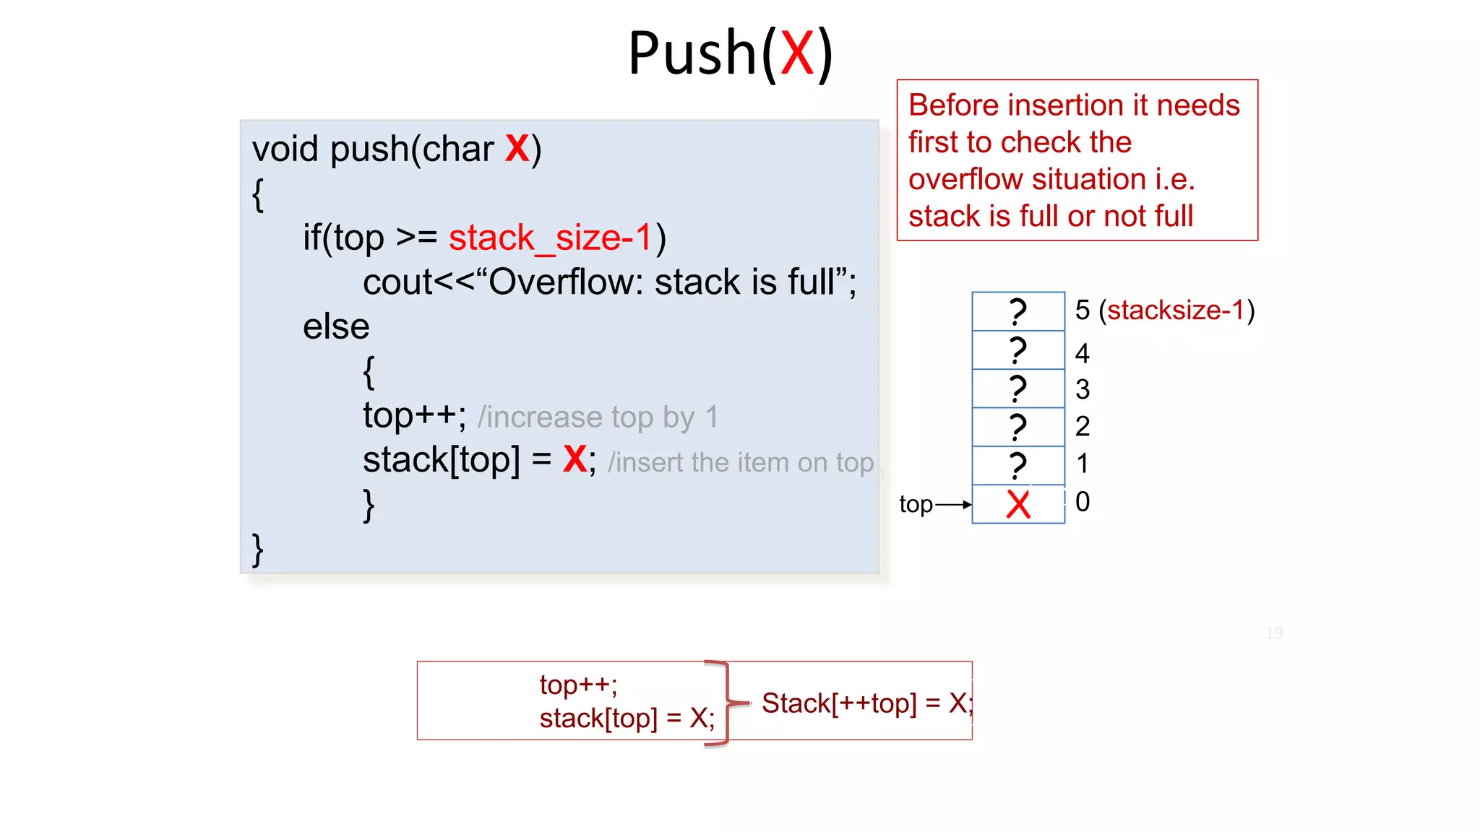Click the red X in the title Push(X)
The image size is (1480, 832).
797,53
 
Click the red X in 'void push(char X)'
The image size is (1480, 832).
517,149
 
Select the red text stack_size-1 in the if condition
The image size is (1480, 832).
551,238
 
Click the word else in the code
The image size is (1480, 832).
336,326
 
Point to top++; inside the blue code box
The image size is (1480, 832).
414,415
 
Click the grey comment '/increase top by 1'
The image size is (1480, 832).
598,417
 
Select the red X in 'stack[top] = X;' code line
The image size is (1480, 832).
575,459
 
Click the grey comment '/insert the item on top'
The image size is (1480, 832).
741,462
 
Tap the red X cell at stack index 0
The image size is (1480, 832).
1018,504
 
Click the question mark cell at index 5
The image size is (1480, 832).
1018,311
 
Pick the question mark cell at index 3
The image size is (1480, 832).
1018,389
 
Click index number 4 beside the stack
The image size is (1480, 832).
1082,353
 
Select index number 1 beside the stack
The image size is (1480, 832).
1082,464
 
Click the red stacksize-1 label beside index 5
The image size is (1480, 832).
1176,310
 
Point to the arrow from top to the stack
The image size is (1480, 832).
953,505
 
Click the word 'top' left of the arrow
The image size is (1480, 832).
916,504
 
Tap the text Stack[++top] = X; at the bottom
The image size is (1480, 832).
867,703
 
